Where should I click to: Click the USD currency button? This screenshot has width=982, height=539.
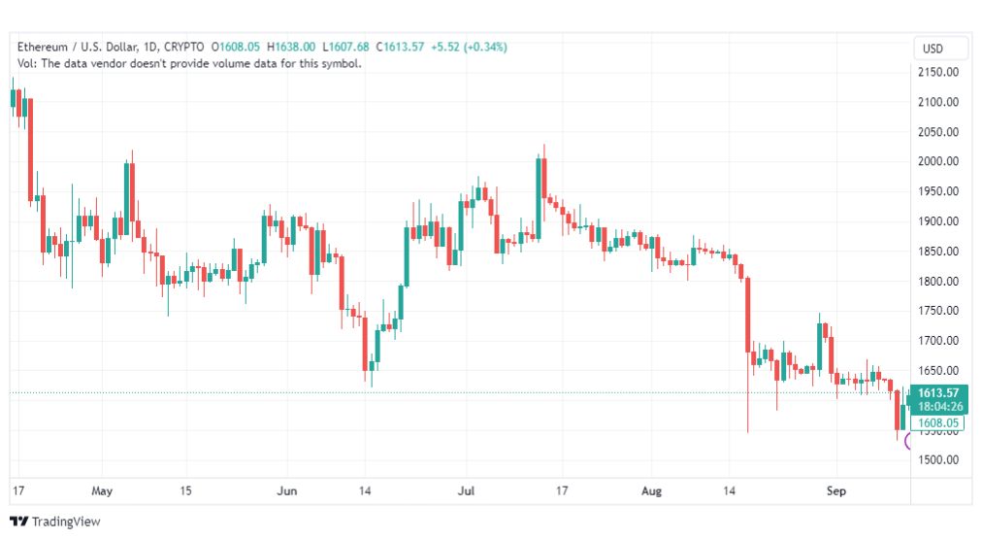(x=933, y=49)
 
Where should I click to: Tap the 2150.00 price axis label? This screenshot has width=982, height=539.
(x=938, y=72)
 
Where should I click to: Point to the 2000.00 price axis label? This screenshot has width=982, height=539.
(x=938, y=161)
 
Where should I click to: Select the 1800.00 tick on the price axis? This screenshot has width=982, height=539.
(x=938, y=281)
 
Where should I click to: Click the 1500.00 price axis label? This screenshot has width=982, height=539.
(x=938, y=459)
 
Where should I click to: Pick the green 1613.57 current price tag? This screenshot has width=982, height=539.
(x=938, y=400)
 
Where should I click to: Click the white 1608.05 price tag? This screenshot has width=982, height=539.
(x=937, y=423)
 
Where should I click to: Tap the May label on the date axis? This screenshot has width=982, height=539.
(x=102, y=490)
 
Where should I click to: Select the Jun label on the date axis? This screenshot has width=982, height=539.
(x=287, y=490)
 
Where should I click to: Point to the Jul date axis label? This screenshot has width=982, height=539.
(x=466, y=490)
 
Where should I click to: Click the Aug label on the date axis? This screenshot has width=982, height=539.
(x=651, y=490)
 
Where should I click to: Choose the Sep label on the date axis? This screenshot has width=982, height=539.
(x=836, y=490)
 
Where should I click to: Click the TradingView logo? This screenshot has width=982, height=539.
(x=55, y=522)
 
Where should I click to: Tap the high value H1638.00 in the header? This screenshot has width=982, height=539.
(x=291, y=47)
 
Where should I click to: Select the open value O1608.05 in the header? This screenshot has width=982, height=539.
(x=236, y=47)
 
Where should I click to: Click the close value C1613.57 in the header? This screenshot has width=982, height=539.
(x=400, y=47)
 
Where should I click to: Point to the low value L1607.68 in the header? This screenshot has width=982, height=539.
(x=345, y=47)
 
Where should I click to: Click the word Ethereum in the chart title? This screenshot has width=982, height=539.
(x=42, y=47)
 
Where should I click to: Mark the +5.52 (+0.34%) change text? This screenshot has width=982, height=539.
(x=469, y=47)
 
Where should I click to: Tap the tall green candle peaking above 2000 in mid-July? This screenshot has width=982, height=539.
(x=539, y=197)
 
